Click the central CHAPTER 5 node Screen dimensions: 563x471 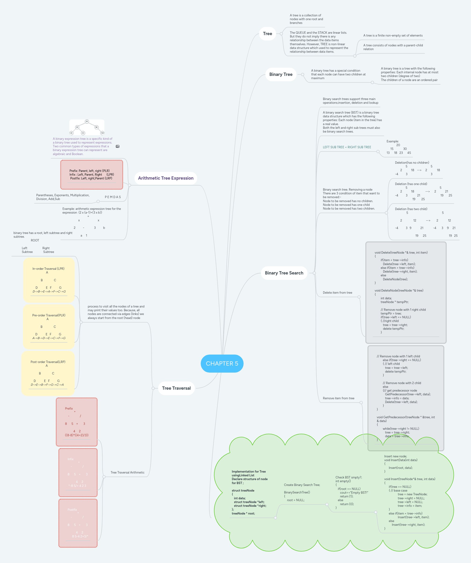tap(222, 363)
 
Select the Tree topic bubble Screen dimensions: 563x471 tap(267, 34)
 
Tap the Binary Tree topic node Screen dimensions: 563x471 tap(281, 74)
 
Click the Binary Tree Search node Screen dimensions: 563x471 tap(284, 273)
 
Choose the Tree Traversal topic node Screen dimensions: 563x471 tap(176, 388)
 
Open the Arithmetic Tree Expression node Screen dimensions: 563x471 tap(166, 178)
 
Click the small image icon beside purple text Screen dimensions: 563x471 tap(117, 146)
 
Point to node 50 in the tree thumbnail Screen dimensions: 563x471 tap(87, 122)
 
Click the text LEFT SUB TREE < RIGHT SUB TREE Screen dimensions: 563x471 tap(347, 147)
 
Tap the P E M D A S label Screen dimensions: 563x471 tap(113, 197)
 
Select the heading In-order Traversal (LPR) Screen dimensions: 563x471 tap(48, 269)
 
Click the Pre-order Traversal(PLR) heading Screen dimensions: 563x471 tap(48, 315)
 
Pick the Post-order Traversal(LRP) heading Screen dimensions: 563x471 tap(48, 362)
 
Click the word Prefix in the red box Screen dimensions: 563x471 tap(69, 409)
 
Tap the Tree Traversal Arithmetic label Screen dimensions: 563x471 tap(127, 472)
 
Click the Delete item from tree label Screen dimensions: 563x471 tap(337, 293)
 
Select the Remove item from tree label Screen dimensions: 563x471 tap(338, 398)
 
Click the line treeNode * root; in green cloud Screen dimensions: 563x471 tap(243, 513)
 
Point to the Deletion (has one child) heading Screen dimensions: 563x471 tap(411, 184)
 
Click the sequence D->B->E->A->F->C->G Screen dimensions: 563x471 tap(49, 291)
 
